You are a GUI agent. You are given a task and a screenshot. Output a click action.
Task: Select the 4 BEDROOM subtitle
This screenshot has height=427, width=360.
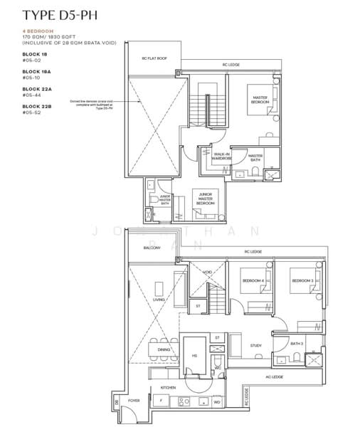click(38, 32)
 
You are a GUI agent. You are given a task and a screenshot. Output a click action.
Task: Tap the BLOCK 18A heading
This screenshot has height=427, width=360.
click(36, 71)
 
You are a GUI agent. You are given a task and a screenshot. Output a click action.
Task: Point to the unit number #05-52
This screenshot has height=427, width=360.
click(32, 112)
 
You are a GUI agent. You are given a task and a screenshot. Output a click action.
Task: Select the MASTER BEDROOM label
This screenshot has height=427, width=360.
click(259, 100)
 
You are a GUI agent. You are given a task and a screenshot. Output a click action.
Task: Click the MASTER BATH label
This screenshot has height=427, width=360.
click(255, 157)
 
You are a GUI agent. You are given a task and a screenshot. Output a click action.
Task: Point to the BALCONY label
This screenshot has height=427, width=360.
click(152, 248)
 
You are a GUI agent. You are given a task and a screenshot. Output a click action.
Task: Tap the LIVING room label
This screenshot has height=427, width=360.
click(159, 300)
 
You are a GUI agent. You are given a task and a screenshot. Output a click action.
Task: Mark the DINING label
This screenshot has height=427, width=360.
click(164, 350)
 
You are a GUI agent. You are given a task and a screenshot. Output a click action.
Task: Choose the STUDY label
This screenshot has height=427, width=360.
click(255, 346)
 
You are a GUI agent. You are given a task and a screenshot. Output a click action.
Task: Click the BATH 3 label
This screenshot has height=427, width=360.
click(296, 344)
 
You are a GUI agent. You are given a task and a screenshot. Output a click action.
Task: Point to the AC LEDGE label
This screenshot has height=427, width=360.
click(274, 376)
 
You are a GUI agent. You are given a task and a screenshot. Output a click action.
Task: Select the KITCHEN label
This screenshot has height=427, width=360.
click(168, 388)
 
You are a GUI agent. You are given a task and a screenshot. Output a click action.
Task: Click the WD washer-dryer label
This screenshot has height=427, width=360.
click(217, 402)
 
